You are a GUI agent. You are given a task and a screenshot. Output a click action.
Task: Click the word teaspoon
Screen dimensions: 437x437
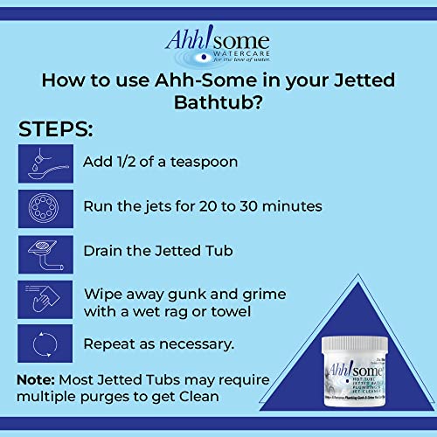203,163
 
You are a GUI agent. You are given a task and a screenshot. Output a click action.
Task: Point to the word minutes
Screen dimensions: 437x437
294,207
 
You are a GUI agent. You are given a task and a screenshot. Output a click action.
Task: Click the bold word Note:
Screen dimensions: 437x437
38,381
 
